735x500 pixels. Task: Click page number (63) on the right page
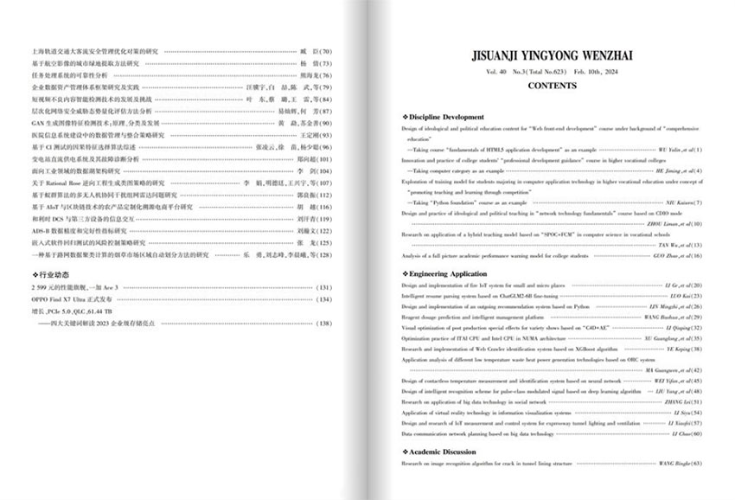pos(697,465)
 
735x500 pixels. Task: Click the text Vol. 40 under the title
pos(496,73)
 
